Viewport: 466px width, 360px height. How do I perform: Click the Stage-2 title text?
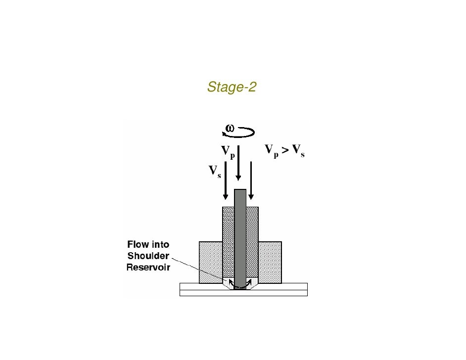tap(232, 88)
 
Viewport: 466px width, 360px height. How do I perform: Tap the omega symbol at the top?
tap(230, 128)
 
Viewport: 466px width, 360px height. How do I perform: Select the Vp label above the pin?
tap(228, 151)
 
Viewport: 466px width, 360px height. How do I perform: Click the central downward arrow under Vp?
tap(239, 163)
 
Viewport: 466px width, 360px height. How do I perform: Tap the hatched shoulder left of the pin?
tap(228, 237)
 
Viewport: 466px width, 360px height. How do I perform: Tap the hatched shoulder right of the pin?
tap(252, 237)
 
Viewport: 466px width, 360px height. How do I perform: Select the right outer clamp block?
tap(270, 262)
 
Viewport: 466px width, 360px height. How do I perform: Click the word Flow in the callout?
tap(139, 245)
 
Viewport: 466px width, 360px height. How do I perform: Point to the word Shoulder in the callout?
tap(148, 256)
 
